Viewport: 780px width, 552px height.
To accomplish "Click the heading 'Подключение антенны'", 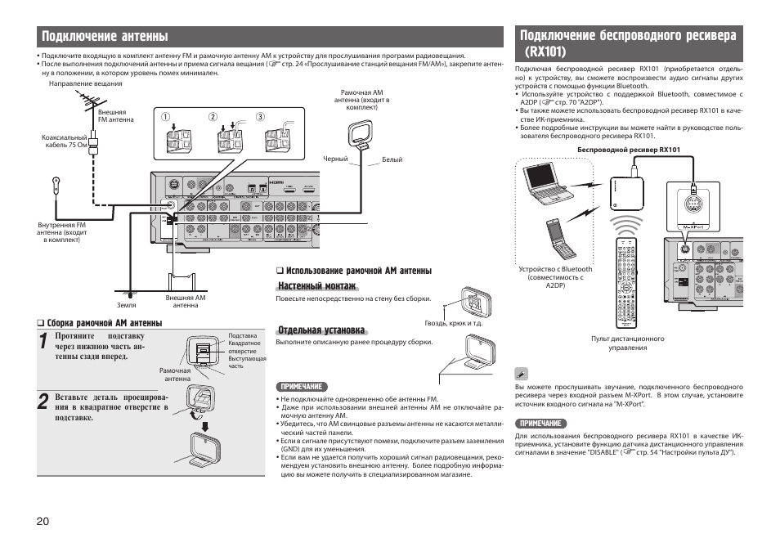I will [x=105, y=37].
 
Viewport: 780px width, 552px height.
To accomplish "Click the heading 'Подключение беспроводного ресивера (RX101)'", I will [x=627, y=43].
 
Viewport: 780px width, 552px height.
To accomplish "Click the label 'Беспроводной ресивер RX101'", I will [x=628, y=150].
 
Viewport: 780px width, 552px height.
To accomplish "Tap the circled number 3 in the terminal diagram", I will [x=260, y=117].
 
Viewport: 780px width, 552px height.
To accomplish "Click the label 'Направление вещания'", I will [x=85, y=83].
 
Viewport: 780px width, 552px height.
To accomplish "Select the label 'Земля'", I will [x=126, y=305].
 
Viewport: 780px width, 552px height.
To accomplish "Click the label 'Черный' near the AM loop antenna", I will [x=335, y=159].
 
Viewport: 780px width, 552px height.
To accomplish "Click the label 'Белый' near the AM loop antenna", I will [x=392, y=159].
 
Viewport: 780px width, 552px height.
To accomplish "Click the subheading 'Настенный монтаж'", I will [x=316, y=286].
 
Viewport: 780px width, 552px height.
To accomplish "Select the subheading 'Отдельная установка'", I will [x=320, y=330].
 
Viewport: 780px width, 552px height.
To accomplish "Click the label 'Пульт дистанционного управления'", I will [x=627, y=343].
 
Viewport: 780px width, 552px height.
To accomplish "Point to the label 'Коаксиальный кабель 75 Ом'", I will [x=64, y=141].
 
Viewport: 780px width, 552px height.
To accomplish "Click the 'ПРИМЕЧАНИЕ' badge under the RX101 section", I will [x=539, y=423].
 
